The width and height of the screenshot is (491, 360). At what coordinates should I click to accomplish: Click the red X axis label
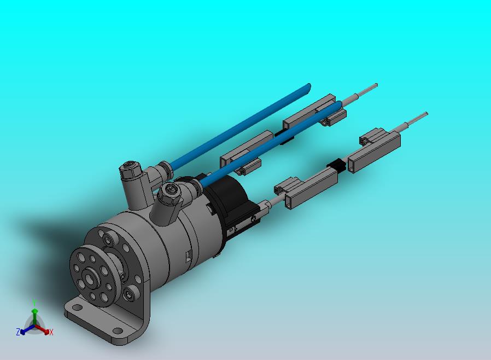[51, 332]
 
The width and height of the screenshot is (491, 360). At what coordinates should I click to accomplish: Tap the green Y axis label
[35, 303]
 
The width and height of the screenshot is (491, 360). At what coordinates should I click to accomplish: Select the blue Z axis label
[18, 332]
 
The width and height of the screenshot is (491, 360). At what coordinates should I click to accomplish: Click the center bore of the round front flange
[91, 278]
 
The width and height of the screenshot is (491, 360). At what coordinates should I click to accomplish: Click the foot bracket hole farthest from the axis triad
[118, 331]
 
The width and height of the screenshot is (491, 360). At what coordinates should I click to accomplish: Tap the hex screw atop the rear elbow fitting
[128, 166]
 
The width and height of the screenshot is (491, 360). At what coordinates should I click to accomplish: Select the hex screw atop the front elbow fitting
[170, 188]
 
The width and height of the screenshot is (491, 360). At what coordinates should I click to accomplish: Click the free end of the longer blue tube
[309, 86]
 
